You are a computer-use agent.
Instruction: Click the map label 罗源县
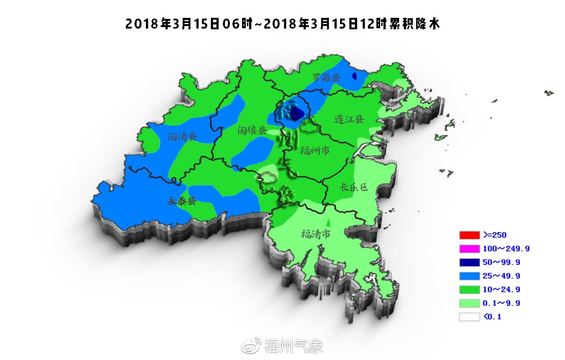326,77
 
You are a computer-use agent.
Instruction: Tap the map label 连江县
349,119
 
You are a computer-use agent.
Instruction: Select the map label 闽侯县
252,130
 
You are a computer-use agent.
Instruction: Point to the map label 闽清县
182,137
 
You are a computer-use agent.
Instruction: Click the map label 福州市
315,151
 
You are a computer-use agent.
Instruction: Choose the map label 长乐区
353,187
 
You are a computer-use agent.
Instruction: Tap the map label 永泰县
182,202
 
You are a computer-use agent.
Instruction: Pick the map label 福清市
316,234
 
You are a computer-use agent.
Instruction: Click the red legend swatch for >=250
470,235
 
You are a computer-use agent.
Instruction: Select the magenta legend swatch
470,249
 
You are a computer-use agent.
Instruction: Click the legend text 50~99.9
501,262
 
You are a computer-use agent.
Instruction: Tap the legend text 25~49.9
501,276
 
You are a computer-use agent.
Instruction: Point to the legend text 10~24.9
501,289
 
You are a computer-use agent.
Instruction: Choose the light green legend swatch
470,303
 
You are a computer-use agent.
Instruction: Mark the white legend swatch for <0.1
470,317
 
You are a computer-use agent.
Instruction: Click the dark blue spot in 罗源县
354,76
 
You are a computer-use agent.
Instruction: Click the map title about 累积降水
282,24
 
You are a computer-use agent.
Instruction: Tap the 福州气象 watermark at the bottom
293,346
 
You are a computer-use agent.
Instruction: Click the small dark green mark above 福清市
328,222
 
